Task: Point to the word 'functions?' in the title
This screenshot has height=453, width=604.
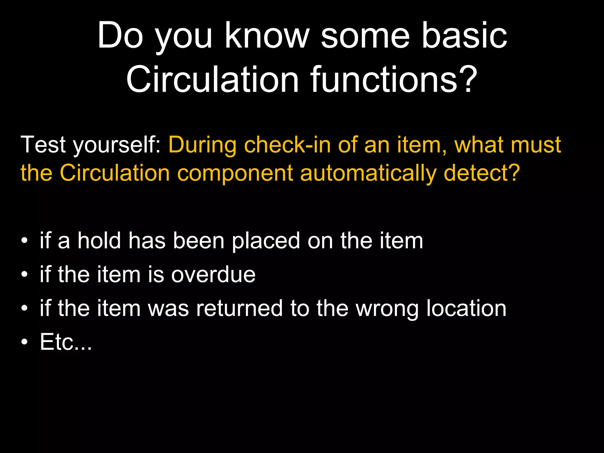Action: [x=394, y=80]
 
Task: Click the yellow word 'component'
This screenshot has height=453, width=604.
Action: [x=235, y=174]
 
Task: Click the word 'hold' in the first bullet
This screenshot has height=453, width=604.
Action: [x=99, y=240]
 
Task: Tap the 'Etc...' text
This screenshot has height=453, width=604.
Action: [x=66, y=342]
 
